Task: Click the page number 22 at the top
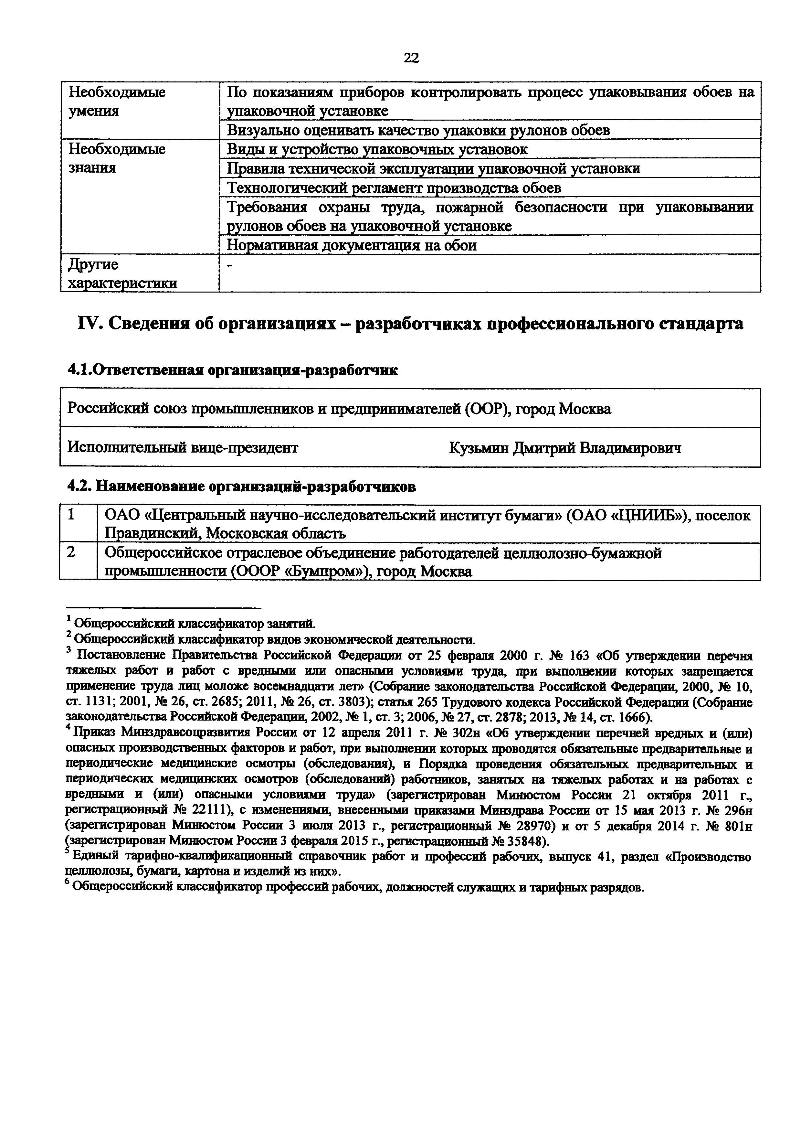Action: pos(411,58)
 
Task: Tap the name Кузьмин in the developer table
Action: pos(479,448)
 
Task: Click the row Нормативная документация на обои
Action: pos(352,245)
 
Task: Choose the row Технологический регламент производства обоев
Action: pos(393,188)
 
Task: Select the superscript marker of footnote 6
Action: pos(68,883)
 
